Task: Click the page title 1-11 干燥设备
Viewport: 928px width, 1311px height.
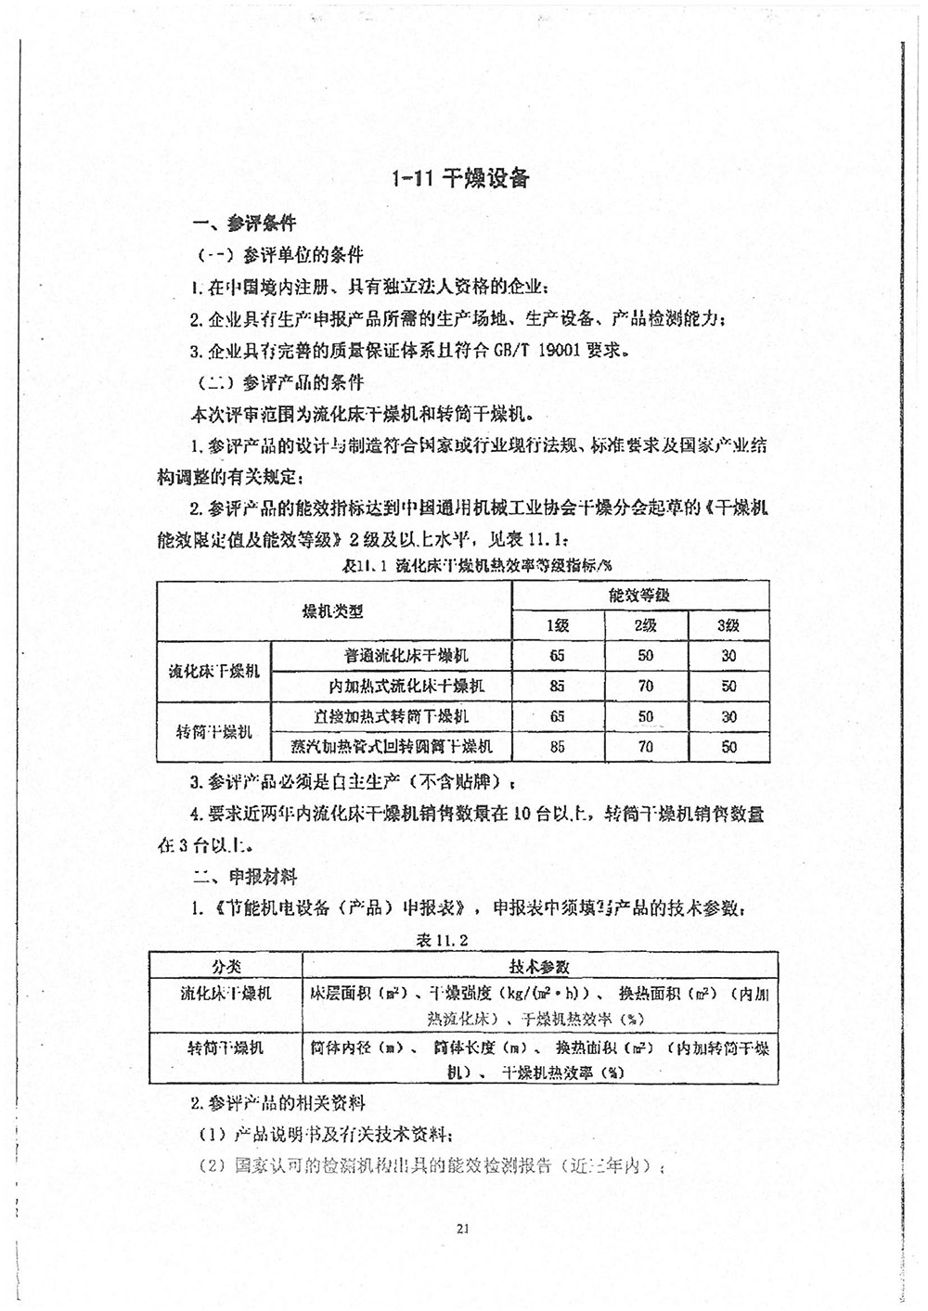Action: click(x=461, y=178)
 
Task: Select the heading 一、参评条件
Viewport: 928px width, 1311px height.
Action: click(x=244, y=224)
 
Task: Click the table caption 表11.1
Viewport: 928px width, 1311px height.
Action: click(x=368, y=565)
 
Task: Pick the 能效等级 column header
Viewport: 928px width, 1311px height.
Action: click(x=639, y=596)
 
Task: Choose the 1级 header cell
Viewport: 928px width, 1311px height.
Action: click(x=557, y=625)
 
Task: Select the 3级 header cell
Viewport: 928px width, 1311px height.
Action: click(x=728, y=625)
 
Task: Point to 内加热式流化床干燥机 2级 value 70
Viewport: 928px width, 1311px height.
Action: click(x=645, y=687)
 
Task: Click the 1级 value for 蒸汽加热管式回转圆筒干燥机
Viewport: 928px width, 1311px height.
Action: click(x=557, y=746)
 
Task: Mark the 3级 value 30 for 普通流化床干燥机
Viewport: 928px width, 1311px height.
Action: click(x=728, y=655)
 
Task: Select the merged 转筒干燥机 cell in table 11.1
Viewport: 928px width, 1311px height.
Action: click(x=214, y=731)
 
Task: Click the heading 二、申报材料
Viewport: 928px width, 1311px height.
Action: click(x=244, y=876)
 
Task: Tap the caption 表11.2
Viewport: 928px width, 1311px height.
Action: click(x=443, y=940)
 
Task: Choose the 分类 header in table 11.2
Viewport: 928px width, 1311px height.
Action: click(x=226, y=966)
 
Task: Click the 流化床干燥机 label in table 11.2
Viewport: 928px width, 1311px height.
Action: click(x=226, y=994)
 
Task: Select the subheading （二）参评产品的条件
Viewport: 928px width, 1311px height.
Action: click(x=278, y=383)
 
